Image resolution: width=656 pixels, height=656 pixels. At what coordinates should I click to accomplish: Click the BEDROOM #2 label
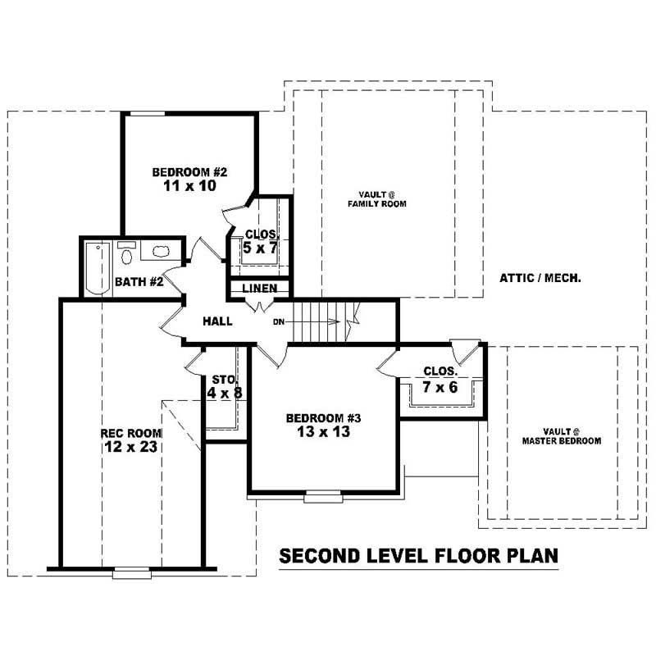pyautogui.click(x=189, y=172)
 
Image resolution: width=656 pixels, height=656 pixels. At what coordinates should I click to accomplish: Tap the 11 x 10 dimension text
pyautogui.click(x=189, y=186)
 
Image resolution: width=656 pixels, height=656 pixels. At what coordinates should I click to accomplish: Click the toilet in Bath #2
pyautogui.click(x=126, y=256)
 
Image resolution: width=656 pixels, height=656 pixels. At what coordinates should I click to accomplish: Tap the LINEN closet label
pyautogui.click(x=258, y=289)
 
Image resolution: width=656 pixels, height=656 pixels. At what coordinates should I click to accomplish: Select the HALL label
pyautogui.click(x=217, y=321)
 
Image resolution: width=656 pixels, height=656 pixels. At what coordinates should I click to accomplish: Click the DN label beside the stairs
pyautogui.click(x=280, y=321)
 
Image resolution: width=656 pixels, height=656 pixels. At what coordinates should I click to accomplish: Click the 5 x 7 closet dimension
pyautogui.click(x=260, y=248)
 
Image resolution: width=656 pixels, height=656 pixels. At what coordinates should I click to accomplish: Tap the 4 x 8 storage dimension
pyautogui.click(x=225, y=393)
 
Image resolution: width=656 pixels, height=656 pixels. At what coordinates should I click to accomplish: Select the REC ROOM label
pyautogui.click(x=131, y=433)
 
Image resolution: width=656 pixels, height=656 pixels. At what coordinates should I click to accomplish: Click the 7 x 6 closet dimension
pyautogui.click(x=440, y=387)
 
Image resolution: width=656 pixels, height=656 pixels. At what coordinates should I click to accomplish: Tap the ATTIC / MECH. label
pyautogui.click(x=540, y=278)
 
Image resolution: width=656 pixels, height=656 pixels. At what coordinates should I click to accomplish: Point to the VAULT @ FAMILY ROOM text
pyautogui.click(x=376, y=198)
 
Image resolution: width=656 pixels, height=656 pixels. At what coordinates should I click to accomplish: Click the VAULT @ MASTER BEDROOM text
pyautogui.click(x=562, y=435)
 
